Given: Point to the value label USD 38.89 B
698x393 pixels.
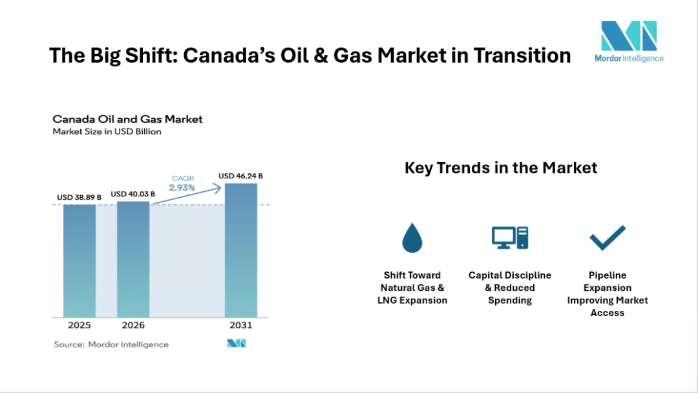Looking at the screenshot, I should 79,197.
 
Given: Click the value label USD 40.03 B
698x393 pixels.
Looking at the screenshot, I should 133,193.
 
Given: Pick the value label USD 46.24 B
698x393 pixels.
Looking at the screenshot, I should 240,175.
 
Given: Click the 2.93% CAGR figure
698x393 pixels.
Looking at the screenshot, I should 182,187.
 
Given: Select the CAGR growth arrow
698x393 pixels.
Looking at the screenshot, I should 187,194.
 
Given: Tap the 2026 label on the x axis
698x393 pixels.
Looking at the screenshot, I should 133,325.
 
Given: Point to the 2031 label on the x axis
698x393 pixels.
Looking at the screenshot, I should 241,325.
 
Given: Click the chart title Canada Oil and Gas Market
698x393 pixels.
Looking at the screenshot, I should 127,119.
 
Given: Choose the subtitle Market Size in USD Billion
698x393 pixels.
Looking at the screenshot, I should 107,131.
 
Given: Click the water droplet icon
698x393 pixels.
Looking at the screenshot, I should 412,238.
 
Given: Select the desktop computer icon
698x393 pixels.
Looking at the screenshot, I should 509,238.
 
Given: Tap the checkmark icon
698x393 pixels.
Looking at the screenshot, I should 608,238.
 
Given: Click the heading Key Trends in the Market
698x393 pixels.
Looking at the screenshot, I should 501,168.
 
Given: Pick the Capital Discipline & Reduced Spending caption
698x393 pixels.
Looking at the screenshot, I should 510,288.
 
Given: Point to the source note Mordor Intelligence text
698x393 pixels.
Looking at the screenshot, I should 111,345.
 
